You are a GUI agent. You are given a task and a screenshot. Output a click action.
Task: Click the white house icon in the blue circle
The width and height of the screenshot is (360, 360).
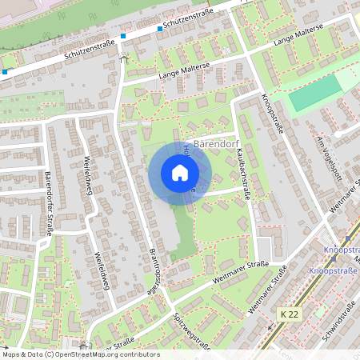(x=179, y=173)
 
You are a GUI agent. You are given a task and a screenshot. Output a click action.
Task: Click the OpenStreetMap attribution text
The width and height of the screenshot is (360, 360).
(x=80, y=354)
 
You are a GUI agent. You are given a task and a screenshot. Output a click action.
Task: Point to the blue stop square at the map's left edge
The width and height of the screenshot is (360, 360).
(x=5, y=72)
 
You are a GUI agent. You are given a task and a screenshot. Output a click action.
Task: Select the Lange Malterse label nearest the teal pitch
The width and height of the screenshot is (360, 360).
(x=298, y=36)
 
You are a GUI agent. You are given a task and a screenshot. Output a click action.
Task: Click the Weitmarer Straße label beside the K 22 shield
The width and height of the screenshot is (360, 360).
(x=264, y=301)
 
